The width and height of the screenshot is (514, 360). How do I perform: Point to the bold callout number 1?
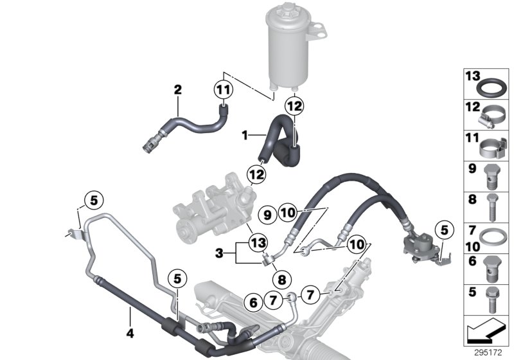[x=244, y=136]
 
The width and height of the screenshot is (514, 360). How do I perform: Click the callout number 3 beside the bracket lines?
[x=220, y=254]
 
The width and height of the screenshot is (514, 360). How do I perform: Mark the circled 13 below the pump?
[x=257, y=242]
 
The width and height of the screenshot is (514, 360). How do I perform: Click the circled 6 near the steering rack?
[x=253, y=300]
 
